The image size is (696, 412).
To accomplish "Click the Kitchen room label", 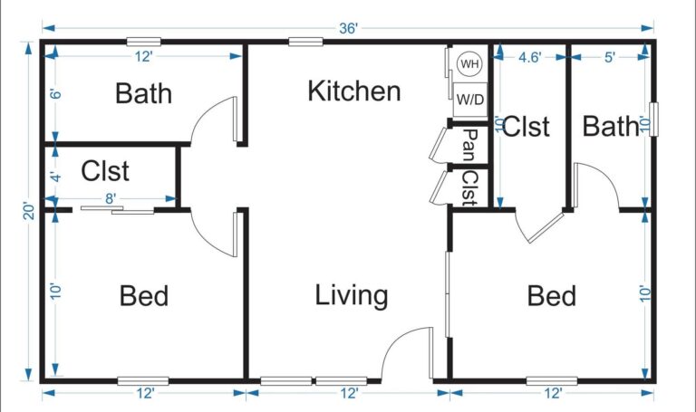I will pos(353,91).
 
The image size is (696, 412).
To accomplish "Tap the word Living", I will pos(352,295).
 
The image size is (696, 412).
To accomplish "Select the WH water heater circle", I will pos(469,64).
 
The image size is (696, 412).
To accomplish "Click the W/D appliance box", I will pos(469,98).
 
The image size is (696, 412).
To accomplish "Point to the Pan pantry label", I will pos(469,142).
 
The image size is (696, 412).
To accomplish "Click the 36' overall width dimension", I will pos(348,28).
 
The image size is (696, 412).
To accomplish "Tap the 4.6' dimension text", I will pos(529,57).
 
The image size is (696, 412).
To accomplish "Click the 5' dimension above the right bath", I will pos(609,57).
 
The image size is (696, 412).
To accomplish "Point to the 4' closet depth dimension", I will pos(54,177).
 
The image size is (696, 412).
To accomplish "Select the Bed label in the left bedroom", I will pos(144,295).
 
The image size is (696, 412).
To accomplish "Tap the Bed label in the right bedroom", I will pos(552,295).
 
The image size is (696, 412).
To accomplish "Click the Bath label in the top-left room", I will pos(144,93).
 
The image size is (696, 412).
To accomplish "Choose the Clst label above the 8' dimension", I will pos(105,170).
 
